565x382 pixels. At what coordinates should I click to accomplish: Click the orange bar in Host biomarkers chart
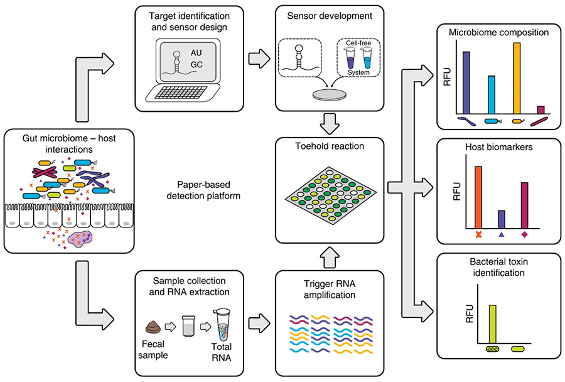tap(478, 197)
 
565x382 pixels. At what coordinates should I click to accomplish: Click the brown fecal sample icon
tap(154, 327)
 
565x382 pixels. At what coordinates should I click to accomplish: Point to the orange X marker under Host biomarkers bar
tap(478, 235)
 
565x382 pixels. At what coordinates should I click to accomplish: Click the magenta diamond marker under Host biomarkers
tap(525, 234)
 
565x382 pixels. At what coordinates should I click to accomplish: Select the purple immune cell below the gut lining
tap(81, 239)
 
